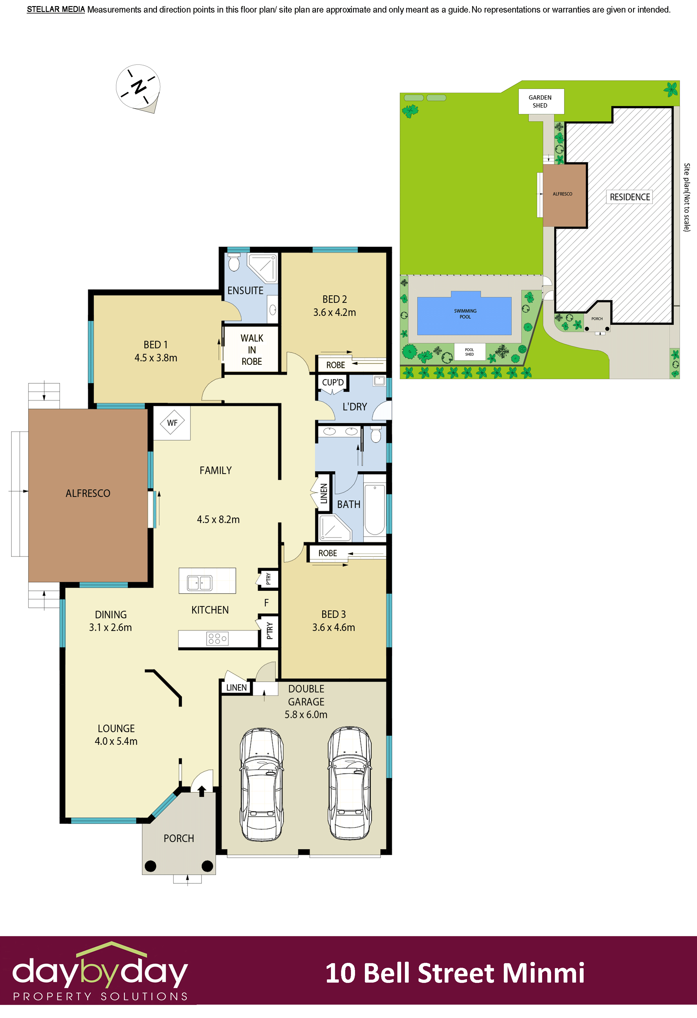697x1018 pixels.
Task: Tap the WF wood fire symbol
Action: pyautogui.click(x=172, y=423)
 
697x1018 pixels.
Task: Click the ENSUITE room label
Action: pyautogui.click(x=245, y=290)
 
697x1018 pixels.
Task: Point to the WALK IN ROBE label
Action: pyautogui.click(x=252, y=350)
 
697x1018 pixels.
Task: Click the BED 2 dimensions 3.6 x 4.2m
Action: pyautogui.click(x=334, y=312)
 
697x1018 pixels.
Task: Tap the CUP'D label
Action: pyautogui.click(x=333, y=382)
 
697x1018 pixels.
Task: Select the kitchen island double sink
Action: pyautogui.click(x=199, y=583)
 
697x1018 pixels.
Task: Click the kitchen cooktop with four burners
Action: pyautogui.click(x=217, y=639)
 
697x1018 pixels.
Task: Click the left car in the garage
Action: pyautogui.click(x=261, y=784)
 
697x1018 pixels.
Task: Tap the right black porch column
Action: pyautogui.click(x=207, y=866)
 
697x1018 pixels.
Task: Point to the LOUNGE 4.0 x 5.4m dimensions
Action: pyautogui.click(x=116, y=741)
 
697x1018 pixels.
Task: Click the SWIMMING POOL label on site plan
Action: pyautogui.click(x=465, y=314)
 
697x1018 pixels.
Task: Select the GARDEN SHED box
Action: pyautogui.click(x=541, y=101)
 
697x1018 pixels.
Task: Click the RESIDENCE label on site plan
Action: pyautogui.click(x=630, y=197)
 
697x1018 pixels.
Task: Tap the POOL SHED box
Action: pyautogui.click(x=469, y=352)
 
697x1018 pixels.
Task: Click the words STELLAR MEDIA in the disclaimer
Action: pyautogui.click(x=56, y=10)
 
